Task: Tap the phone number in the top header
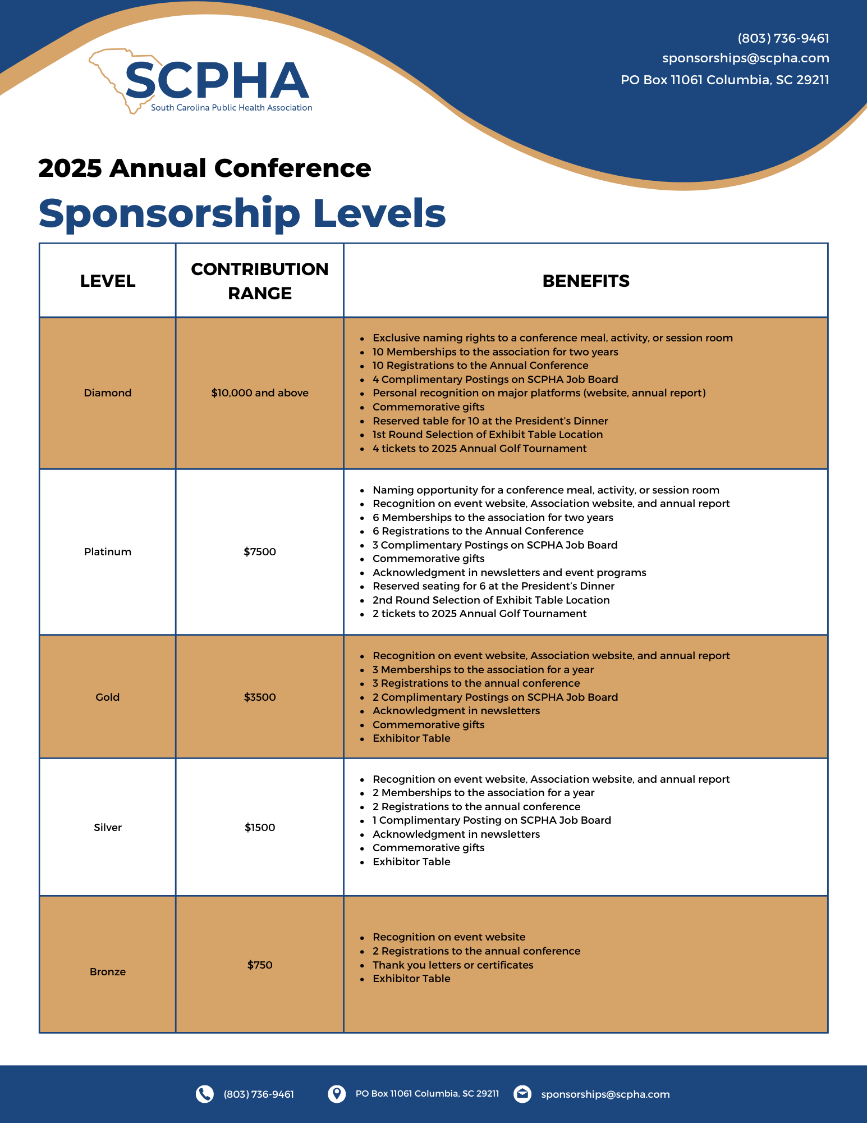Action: click(783, 38)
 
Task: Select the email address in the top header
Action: click(745, 58)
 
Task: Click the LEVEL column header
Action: click(108, 281)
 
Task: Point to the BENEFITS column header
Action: click(585, 281)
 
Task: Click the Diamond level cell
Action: click(108, 393)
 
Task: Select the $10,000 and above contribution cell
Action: click(260, 393)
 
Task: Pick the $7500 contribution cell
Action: click(260, 552)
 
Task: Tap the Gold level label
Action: click(108, 697)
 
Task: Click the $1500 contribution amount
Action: click(260, 828)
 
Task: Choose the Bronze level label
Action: click(108, 972)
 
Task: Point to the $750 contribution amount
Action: click(260, 965)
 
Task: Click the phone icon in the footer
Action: click(205, 1094)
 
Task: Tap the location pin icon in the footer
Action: click(337, 1094)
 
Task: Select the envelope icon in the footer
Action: click(522, 1094)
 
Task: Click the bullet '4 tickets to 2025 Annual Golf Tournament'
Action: click(479, 449)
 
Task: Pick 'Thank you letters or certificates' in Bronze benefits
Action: click(453, 965)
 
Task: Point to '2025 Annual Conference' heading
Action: click(205, 168)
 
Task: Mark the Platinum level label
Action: click(108, 552)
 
